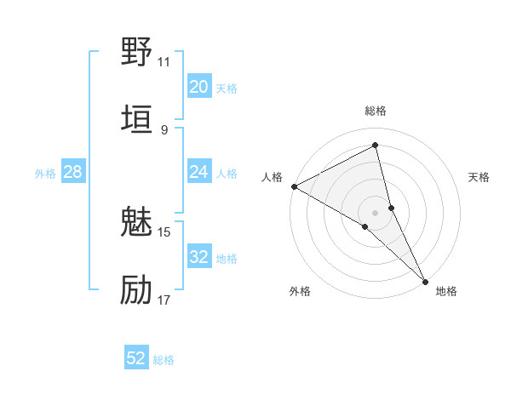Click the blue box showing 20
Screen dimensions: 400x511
[199, 86]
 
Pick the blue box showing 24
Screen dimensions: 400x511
[199, 172]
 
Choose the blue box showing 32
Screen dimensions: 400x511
[199, 257]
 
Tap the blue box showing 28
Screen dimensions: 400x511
[73, 172]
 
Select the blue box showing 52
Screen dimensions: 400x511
[136, 358]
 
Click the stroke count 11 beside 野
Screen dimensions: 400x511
[164, 61]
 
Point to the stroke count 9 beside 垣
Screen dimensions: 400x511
[164, 129]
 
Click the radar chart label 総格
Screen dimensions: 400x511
[375, 111]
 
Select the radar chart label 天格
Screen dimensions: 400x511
[479, 177]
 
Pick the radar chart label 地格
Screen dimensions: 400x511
[446, 291]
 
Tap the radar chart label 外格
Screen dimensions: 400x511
[300, 291]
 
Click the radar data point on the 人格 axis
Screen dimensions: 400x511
[294, 186]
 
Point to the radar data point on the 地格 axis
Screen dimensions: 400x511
[425, 280]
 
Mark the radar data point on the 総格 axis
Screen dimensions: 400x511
[375, 146]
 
